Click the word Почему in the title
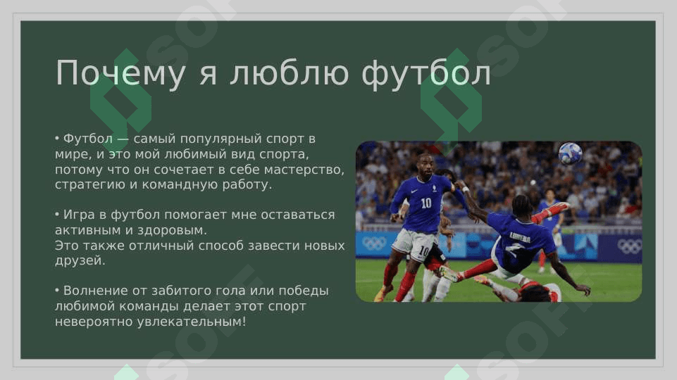click(x=120, y=73)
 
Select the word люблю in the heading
click(x=290, y=73)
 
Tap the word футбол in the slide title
click(x=426, y=73)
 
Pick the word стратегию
click(x=89, y=184)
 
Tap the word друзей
click(x=80, y=260)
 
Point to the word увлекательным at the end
click(x=192, y=322)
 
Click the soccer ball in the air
click(x=570, y=153)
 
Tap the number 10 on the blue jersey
click(x=426, y=203)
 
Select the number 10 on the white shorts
click(x=423, y=251)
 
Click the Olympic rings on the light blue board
click(x=374, y=243)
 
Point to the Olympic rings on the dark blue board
click(x=629, y=246)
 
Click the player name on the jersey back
click(x=519, y=237)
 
